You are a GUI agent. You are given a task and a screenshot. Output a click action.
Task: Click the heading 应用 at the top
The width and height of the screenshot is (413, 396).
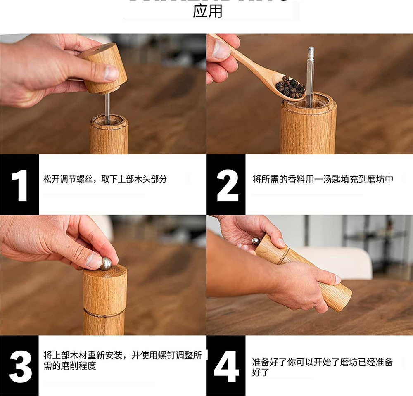click(207, 11)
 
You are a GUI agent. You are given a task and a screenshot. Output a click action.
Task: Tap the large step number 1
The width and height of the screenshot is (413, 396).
click(19, 184)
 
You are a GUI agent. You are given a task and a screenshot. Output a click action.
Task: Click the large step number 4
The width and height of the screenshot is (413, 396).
click(227, 365)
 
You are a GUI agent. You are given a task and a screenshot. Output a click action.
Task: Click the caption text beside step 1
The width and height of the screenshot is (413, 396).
click(105, 179)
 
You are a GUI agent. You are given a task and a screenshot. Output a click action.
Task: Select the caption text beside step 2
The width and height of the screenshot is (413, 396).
click(323, 179)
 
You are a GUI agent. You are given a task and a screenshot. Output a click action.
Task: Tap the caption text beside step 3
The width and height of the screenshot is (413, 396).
click(122, 360)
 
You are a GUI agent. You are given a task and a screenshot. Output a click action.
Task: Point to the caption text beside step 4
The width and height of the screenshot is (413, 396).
click(322, 367)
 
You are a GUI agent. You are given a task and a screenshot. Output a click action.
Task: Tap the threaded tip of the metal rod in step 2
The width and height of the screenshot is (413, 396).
click(310, 53)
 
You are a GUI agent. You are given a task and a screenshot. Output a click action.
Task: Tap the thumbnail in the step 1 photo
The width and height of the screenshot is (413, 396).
click(111, 73)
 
